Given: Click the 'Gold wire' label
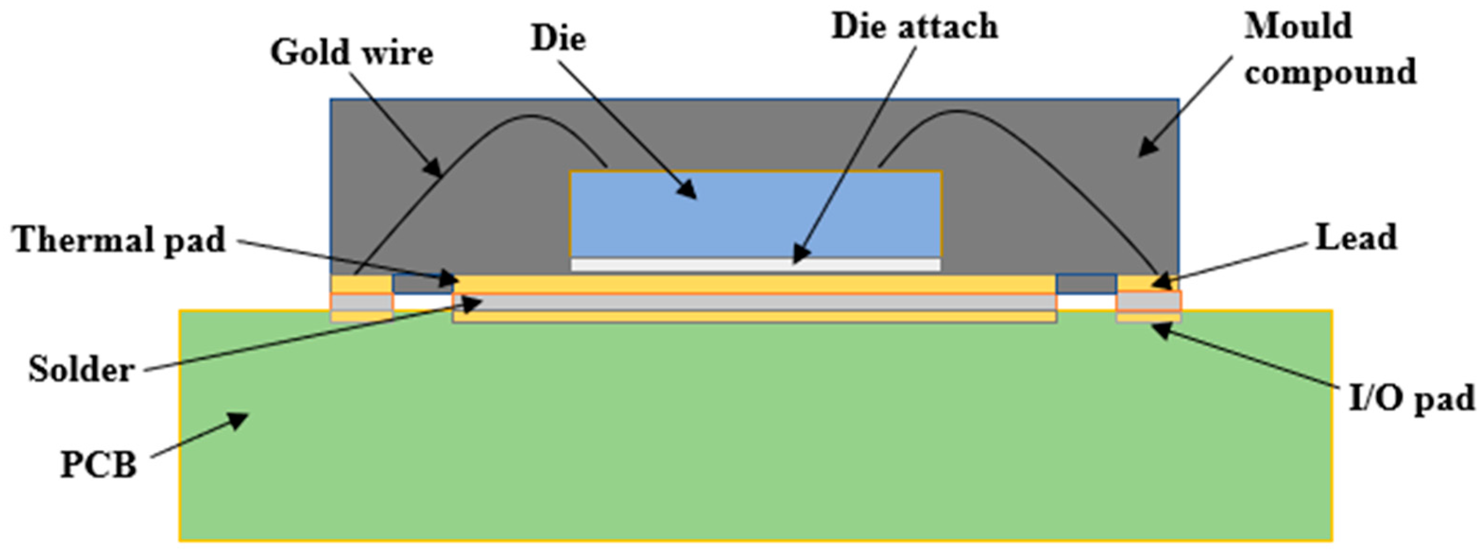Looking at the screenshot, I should click(351, 53).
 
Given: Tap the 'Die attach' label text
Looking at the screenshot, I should click(915, 27).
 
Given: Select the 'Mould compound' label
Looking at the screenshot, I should click(1329, 50).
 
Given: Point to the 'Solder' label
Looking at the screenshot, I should click(82, 369).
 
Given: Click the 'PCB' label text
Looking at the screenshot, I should click(99, 465).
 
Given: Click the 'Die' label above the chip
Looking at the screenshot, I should click(558, 38).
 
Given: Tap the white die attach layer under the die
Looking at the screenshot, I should click(756, 264).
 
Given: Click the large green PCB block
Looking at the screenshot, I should click(756, 431).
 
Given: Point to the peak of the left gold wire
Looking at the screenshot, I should click(531, 117).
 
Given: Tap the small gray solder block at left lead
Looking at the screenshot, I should click(362, 302).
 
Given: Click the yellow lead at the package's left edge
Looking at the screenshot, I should click(361, 284).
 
